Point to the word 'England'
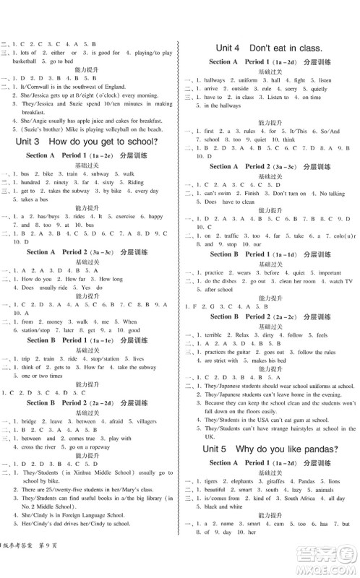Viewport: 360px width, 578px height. (x=139, y=86)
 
